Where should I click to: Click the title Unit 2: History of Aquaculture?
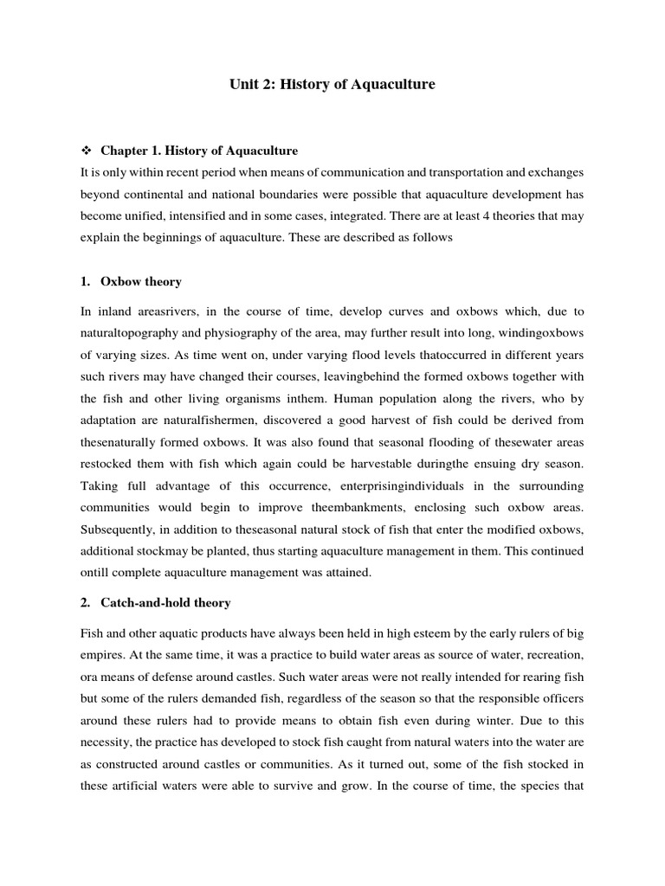click(332, 84)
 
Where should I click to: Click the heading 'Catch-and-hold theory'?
click(165, 602)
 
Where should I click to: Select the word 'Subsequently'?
click(119, 530)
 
